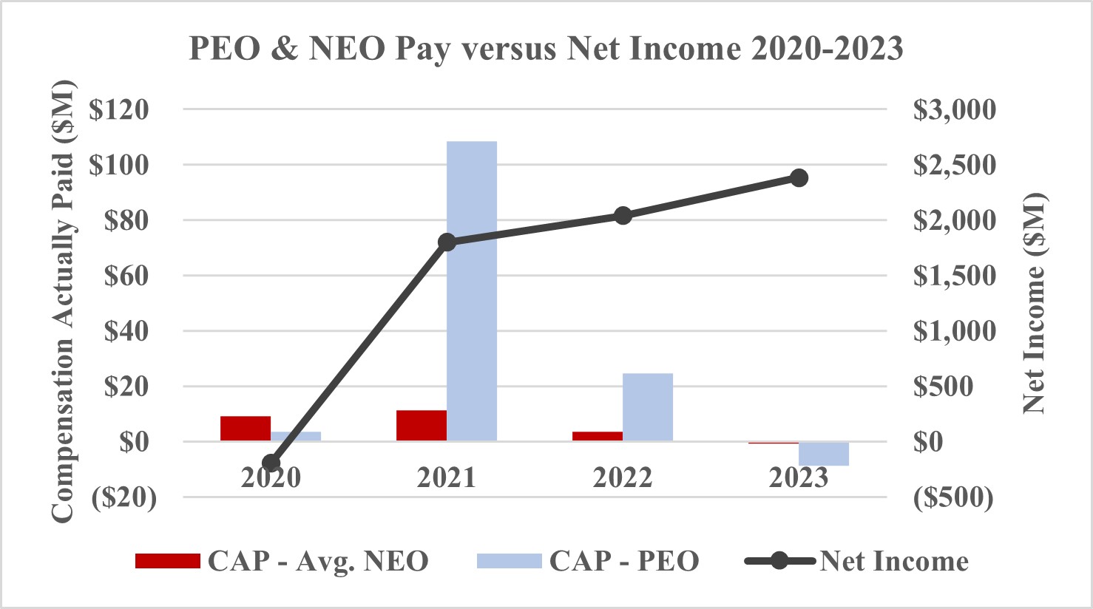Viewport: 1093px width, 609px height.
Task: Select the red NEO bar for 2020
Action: coord(246,429)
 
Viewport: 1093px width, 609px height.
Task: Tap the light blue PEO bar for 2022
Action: coord(648,407)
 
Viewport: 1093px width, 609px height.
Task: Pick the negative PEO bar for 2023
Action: coord(824,454)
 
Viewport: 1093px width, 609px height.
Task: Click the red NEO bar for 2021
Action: coord(422,426)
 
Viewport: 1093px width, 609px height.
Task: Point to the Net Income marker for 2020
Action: coord(271,463)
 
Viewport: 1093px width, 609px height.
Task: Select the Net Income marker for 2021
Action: coord(447,242)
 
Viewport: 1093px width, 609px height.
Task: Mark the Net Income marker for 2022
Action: coord(623,216)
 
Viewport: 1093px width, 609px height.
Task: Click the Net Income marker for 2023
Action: coord(799,178)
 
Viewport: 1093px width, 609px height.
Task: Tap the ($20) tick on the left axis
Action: coord(124,497)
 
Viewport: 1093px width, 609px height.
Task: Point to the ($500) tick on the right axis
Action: coord(953,497)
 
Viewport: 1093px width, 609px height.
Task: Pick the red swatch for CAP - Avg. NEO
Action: coord(168,561)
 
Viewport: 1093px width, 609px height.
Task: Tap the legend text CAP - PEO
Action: coord(623,561)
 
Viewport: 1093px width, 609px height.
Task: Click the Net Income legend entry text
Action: coord(894,561)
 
